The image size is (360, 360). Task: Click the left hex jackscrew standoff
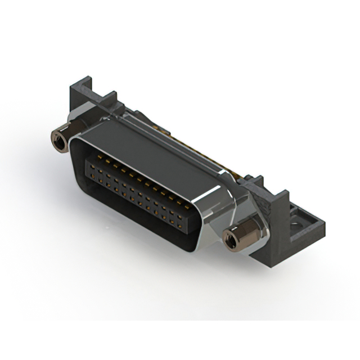point(58,136)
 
